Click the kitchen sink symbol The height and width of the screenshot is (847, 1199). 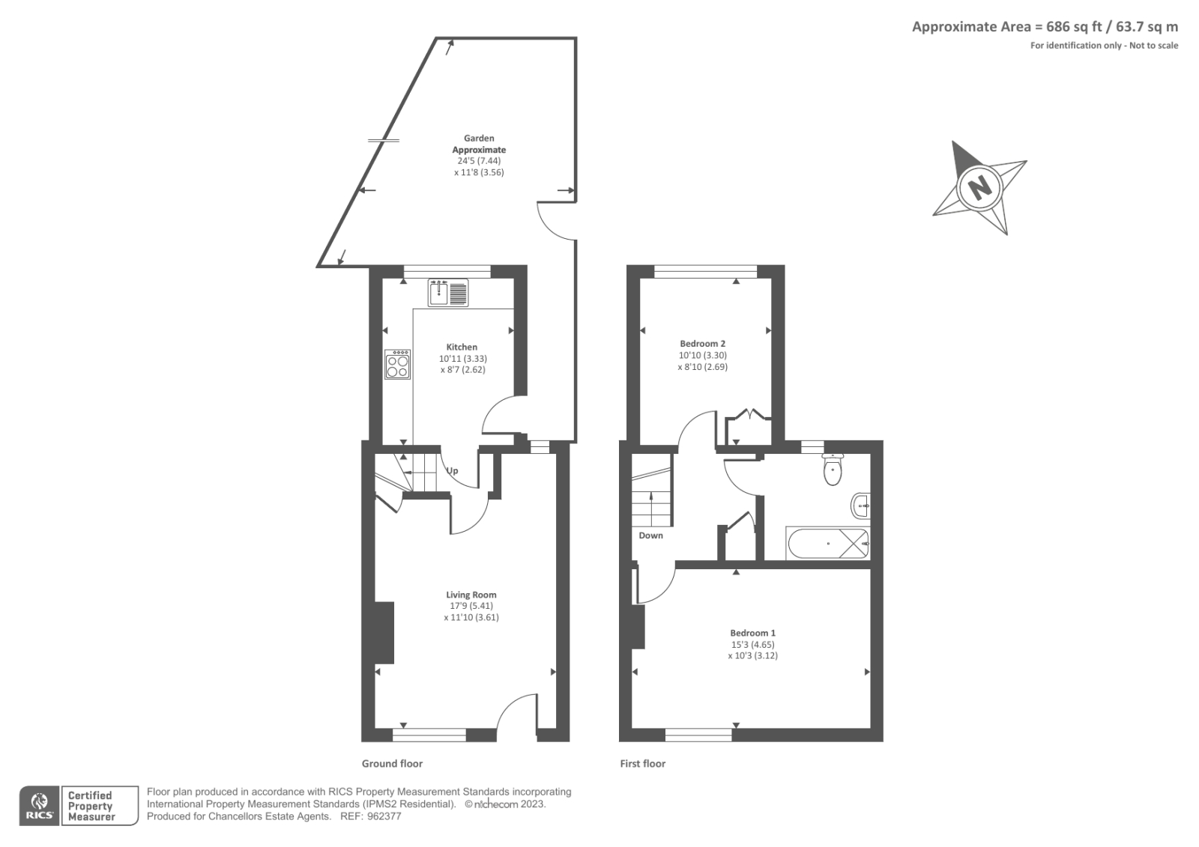pyautogui.click(x=448, y=292)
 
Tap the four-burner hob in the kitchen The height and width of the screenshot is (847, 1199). pyautogui.click(x=398, y=365)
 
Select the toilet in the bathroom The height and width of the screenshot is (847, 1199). pyautogui.click(x=833, y=470)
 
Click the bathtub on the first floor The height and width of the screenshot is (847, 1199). pyautogui.click(x=827, y=543)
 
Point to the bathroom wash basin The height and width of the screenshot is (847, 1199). pyautogui.click(x=861, y=506)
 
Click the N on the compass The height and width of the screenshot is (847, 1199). pyautogui.click(x=978, y=186)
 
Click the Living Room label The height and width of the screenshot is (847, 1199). pyautogui.click(x=471, y=595)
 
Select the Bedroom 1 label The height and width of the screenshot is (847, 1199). pyautogui.click(x=752, y=633)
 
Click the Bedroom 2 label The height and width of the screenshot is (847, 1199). pyautogui.click(x=702, y=344)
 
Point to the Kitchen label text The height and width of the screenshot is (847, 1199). pyautogui.click(x=462, y=347)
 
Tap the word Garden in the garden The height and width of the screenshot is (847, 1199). pyautogui.click(x=479, y=139)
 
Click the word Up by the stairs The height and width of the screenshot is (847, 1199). pyautogui.click(x=453, y=471)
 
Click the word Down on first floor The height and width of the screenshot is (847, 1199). pyautogui.click(x=650, y=535)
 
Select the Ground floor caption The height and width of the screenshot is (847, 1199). pyautogui.click(x=392, y=764)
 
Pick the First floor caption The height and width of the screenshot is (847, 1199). pyautogui.click(x=642, y=764)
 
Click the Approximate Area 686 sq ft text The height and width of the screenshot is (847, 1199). pyautogui.click(x=1044, y=27)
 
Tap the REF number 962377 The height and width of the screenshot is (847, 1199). pyautogui.click(x=384, y=816)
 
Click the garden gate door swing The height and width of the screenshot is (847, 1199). pyautogui.click(x=555, y=222)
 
